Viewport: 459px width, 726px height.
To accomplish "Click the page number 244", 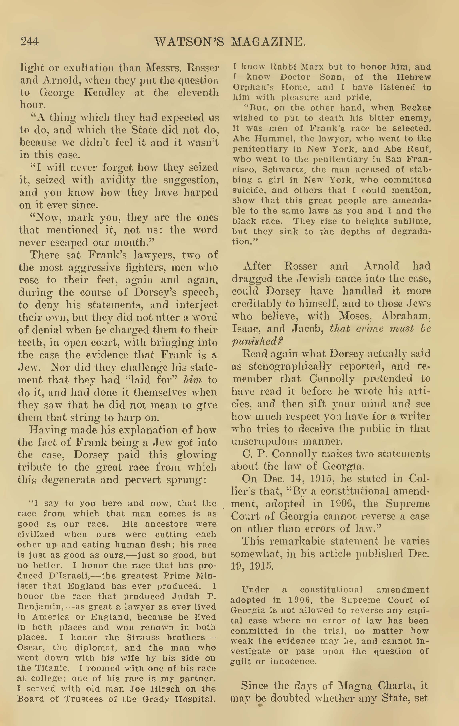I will (30, 41).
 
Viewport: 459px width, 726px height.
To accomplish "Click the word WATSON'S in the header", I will (189, 42).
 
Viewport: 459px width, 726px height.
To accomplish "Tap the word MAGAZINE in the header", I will (268, 42).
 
